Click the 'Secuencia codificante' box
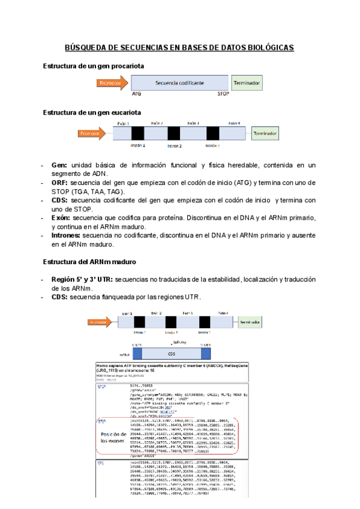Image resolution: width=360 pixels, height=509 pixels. [179, 82]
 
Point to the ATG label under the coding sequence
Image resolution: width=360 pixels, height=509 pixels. [137, 94]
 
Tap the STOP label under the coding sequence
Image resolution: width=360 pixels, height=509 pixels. [223, 94]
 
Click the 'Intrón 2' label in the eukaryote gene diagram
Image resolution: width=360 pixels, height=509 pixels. [174, 145]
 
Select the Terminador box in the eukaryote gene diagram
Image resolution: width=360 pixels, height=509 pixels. [268, 133]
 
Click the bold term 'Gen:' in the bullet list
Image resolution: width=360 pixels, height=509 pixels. [59, 165]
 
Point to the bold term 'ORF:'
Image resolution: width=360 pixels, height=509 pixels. [60, 182]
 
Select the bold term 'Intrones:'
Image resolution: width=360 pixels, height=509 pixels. [67, 236]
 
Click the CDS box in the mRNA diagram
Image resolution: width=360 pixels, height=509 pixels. [170, 354]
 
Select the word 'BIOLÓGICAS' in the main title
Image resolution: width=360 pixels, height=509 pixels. [267, 47]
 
